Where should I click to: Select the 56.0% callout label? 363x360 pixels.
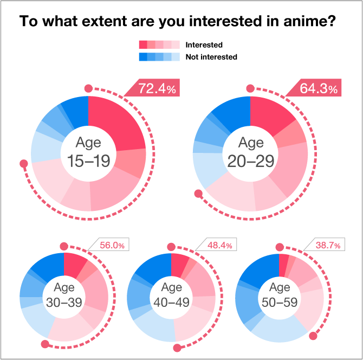point(112,246)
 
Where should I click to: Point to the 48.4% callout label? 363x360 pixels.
point(219,246)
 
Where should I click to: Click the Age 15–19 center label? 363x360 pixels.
point(88,152)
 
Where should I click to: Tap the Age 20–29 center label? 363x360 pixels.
point(250,152)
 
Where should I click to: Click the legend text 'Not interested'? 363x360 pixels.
point(211,57)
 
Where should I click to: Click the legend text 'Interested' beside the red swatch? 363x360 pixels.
point(204,45)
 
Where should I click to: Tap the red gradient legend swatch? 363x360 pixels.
point(159,45)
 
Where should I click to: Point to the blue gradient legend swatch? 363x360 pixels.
point(159,57)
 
